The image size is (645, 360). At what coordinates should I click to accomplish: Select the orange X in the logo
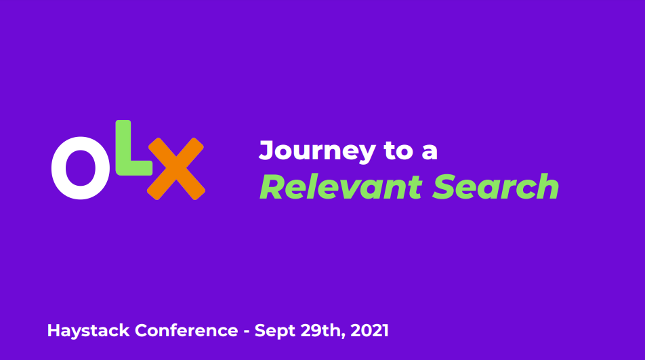click(x=176, y=169)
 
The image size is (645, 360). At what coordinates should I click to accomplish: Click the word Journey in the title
click(x=317, y=152)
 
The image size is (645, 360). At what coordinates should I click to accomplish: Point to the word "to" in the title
click(x=398, y=151)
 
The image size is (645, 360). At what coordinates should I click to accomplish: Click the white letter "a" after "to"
click(x=430, y=153)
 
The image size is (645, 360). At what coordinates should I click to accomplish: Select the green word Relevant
click(x=341, y=187)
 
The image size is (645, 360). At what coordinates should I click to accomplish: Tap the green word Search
click(x=496, y=187)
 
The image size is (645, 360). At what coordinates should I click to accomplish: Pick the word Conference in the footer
click(x=186, y=330)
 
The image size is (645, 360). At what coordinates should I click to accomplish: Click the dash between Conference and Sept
click(x=247, y=332)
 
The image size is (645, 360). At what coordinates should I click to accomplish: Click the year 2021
click(x=369, y=330)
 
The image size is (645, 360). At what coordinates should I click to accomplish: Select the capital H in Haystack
click(x=54, y=330)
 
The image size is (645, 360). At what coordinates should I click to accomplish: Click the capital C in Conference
click(x=142, y=330)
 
